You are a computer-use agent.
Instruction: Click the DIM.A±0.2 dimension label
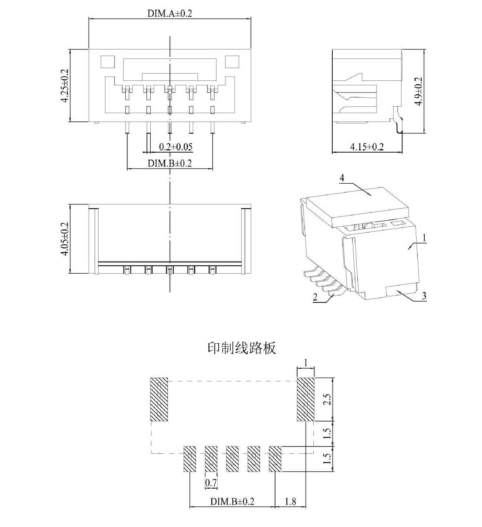click(x=170, y=13)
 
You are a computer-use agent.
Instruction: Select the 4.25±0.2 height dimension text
click(x=65, y=85)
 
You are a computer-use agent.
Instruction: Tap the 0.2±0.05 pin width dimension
click(x=176, y=147)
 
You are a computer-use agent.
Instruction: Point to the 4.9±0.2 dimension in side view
click(x=418, y=91)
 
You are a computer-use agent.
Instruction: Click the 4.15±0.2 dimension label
click(x=367, y=147)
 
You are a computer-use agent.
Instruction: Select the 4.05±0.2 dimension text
click(x=65, y=239)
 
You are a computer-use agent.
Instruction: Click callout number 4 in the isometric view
click(x=342, y=178)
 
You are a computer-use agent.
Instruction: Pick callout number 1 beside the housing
click(x=424, y=238)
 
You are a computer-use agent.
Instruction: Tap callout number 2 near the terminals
click(x=315, y=297)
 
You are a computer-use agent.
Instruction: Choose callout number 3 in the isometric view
click(x=424, y=296)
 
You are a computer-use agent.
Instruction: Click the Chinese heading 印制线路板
click(x=242, y=348)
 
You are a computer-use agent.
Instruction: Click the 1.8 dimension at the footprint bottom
click(x=290, y=502)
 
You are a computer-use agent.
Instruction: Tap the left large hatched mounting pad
click(x=159, y=399)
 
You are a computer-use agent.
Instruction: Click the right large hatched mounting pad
click(x=306, y=399)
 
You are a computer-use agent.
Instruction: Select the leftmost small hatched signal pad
click(x=190, y=459)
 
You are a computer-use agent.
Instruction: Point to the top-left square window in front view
click(x=108, y=62)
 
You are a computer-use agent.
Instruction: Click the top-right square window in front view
click(x=232, y=62)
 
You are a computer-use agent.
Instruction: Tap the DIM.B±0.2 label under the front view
click(x=170, y=163)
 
